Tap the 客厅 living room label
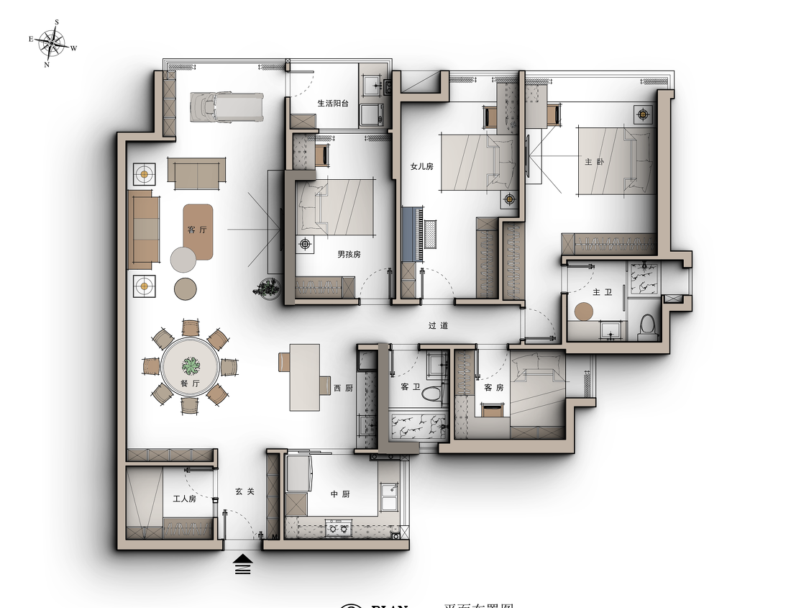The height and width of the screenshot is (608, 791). click(x=196, y=230)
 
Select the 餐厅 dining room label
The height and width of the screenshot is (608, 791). click(x=190, y=384)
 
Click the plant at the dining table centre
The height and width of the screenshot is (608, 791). click(x=190, y=366)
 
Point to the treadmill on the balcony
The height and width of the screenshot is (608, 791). click(x=226, y=106)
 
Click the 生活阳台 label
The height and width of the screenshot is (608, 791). click(x=333, y=104)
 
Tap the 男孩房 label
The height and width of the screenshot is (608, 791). click(x=349, y=254)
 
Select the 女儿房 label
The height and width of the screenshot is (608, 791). click(x=422, y=166)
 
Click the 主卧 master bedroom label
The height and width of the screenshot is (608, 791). click(x=594, y=162)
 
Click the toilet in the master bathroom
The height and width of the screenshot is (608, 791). click(x=648, y=325)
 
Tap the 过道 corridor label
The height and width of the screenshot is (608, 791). click(x=438, y=325)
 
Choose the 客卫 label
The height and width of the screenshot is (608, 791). click(x=410, y=387)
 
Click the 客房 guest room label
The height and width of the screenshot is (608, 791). click(x=493, y=388)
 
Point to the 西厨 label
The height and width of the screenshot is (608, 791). click(x=343, y=389)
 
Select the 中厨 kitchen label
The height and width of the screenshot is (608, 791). click(x=340, y=494)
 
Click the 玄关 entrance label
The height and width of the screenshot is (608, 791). click(x=244, y=491)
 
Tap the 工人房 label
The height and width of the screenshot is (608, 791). click(x=184, y=499)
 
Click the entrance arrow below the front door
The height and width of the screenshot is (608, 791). click(x=243, y=564)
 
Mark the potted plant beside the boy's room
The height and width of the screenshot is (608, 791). click(x=267, y=288)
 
